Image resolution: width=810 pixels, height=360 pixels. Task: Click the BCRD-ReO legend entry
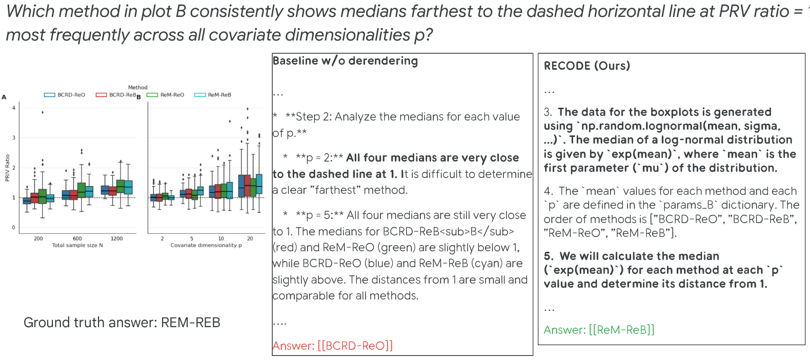coord(65,95)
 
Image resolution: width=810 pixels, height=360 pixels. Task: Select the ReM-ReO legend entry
coord(165,95)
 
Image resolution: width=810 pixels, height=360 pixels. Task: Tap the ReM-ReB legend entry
coord(213,95)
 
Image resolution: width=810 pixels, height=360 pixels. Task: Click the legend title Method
coord(138,88)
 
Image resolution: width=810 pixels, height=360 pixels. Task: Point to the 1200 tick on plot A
coord(117,238)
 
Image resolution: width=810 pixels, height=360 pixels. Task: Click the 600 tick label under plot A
coord(77,238)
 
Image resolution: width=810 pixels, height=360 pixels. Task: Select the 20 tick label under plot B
coord(250,238)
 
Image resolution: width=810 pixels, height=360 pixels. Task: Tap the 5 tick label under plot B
coord(192,238)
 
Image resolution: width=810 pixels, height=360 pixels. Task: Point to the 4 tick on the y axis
coord(14,108)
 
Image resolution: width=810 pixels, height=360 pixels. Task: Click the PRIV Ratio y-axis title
coord(7,168)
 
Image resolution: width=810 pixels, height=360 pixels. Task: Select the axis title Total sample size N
coord(77,245)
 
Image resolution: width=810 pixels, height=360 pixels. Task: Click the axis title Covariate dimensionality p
coord(206,245)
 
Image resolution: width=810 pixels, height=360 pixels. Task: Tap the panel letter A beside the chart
coord(4,97)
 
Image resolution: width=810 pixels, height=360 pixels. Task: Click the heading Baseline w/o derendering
coord(346,61)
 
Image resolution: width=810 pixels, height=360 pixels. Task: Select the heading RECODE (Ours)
coord(587,66)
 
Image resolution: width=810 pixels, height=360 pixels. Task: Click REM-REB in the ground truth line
coord(191,323)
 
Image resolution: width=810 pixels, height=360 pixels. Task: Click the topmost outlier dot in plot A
coord(43,112)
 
